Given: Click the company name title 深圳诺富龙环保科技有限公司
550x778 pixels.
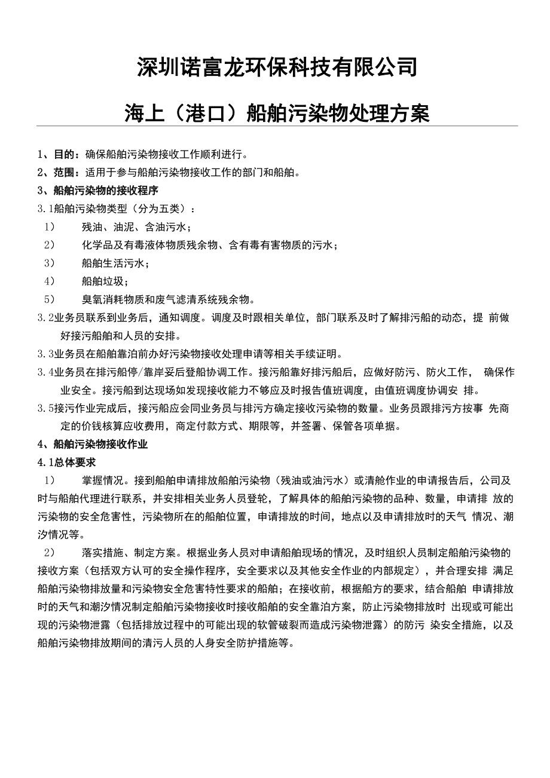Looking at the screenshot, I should click(277, 67).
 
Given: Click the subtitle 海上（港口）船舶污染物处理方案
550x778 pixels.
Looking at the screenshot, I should click(277, 112).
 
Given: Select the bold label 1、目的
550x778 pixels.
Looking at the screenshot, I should click(57, 155).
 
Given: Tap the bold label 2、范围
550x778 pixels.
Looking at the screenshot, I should click(57, 173).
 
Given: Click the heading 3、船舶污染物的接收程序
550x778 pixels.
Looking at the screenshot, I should click(97, 191).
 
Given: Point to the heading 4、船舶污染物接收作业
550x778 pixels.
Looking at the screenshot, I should click(92, 444).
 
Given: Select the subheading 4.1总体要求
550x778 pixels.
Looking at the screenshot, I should click(66, 462).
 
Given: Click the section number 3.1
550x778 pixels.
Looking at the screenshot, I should click(45, 209).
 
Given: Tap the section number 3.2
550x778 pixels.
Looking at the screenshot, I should click(45, 317).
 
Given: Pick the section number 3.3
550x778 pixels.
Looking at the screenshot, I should click(45, 354).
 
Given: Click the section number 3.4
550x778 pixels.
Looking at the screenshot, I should click(45, 372).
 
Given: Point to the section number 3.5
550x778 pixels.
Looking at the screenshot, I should click(45, 408).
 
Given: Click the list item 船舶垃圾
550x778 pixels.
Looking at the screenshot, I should click(105, 281).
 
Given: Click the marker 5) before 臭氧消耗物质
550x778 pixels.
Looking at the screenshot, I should click(49, 299).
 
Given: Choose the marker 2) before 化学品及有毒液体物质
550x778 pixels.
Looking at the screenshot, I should click(49, 245).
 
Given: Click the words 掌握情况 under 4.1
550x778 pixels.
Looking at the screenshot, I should click(102, 480).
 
